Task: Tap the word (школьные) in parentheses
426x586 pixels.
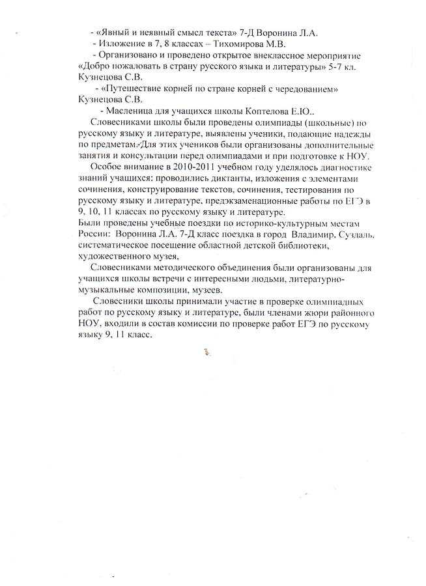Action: pos(332,122)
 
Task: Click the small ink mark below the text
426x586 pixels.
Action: pos(207,352)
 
